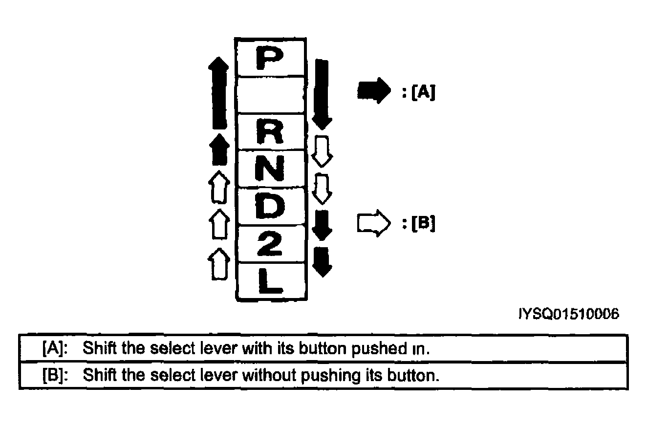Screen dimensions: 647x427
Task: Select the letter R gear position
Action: pos(270,131)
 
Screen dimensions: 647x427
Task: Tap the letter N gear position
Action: pos(269,168)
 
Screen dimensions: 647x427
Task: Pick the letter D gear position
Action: pos(270,206)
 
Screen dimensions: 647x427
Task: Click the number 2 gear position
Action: pos(270,243)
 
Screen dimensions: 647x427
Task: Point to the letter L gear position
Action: pos(270,281)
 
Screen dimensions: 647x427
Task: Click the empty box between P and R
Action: pos(270,95)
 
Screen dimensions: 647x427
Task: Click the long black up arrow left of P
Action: pos(218,93)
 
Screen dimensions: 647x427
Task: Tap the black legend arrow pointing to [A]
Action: pos(374,91)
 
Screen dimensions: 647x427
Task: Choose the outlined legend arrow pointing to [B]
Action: pos(374,223)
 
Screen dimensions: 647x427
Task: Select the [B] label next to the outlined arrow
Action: pos(423,223)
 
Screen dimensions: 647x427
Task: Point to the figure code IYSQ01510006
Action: pos(569,314)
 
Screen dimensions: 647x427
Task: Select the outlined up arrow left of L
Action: pos(219,264)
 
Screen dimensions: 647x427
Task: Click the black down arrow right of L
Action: pos(322,262)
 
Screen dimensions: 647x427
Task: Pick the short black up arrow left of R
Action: pos(219,149)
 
